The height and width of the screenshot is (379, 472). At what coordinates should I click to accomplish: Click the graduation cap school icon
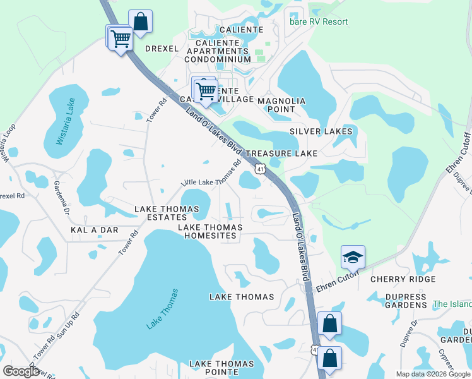353,256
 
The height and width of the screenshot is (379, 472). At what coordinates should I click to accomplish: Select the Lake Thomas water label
163,309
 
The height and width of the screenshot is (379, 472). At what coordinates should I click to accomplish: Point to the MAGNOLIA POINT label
277,105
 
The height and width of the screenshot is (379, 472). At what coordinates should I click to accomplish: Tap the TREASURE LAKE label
281,153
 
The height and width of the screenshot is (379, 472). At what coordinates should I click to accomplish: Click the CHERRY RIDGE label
403,279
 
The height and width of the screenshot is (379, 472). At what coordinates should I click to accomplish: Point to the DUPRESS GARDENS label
398,301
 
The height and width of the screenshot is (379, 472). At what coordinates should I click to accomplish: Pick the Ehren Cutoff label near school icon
337,279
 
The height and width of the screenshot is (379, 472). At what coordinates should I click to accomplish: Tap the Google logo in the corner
21,371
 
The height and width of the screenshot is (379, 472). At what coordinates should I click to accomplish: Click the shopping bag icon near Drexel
140,21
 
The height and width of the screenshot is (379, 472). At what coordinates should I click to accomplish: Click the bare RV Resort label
319,21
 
